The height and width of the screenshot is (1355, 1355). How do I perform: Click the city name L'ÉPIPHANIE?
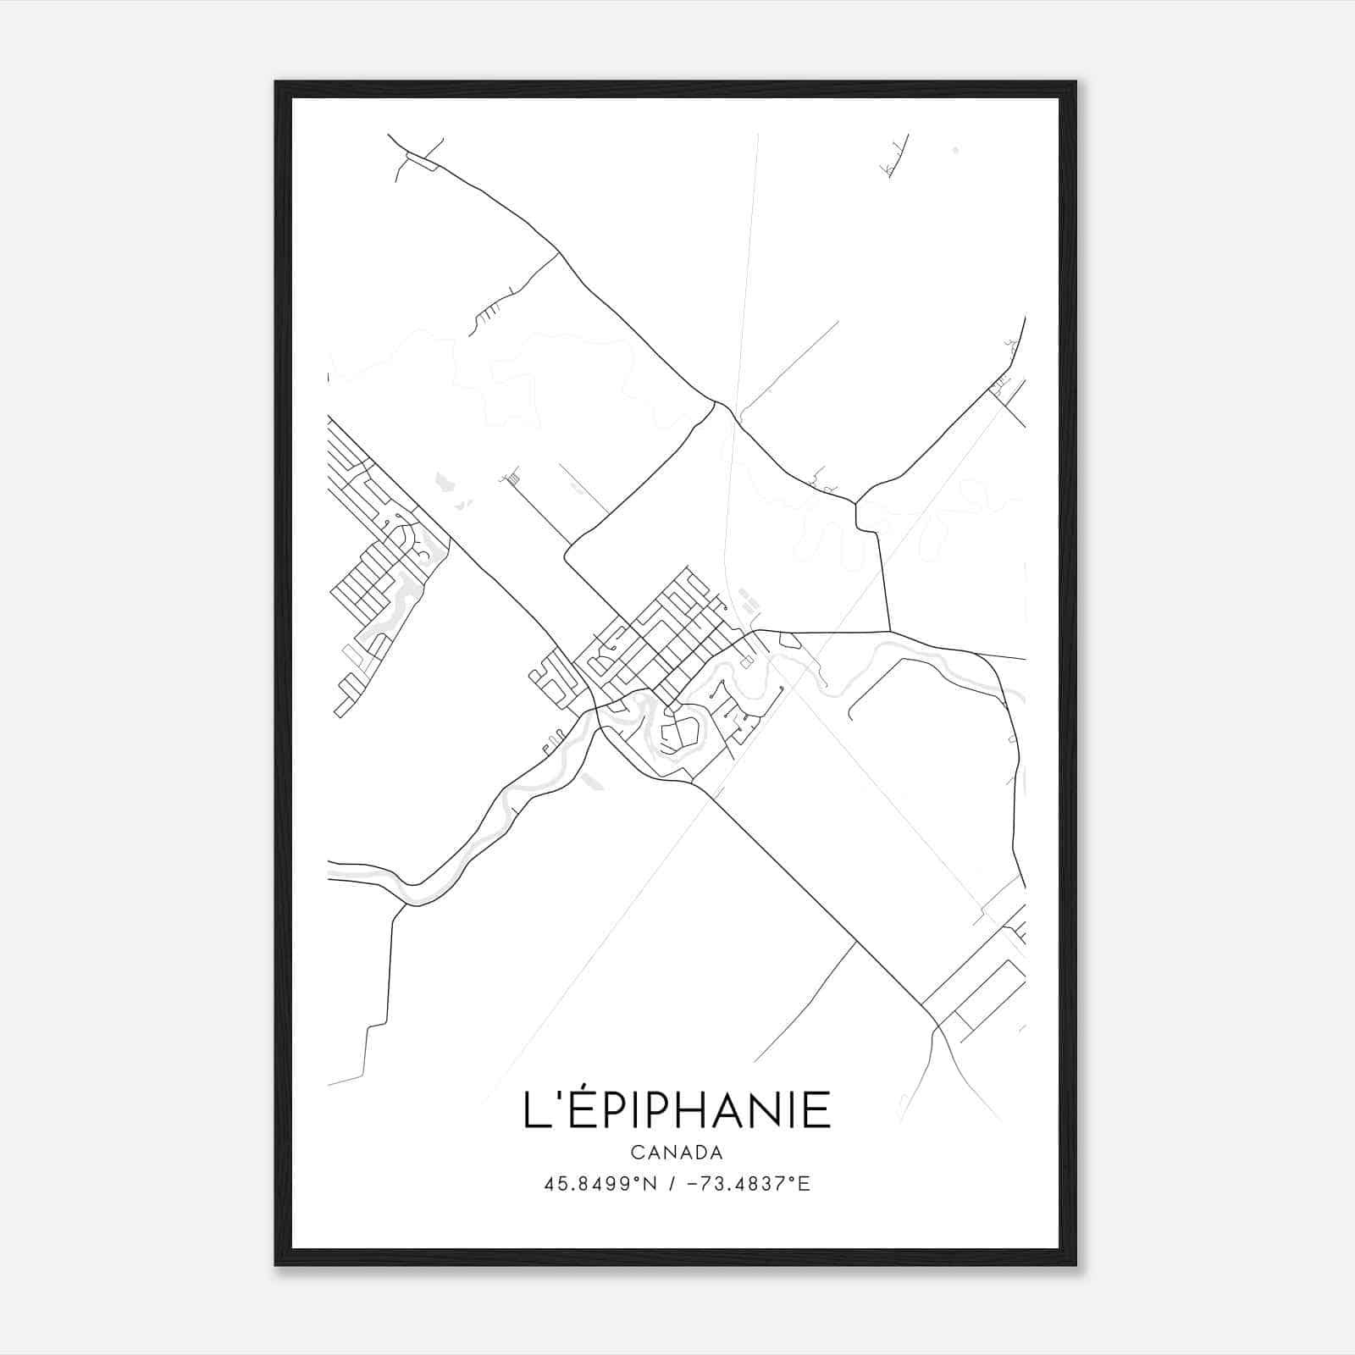(677, 1109)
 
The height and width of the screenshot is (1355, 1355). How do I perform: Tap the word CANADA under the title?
(677, 1153)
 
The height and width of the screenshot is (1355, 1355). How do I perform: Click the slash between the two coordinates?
(672, 1184)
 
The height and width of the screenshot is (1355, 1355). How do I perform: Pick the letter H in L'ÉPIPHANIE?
(690, 1110)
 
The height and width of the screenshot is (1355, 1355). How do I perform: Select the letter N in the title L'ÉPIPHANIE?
(765, 1110)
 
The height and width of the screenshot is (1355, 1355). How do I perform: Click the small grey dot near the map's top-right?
(955, 150)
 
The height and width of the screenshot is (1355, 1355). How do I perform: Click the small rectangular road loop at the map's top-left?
(422, 161)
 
